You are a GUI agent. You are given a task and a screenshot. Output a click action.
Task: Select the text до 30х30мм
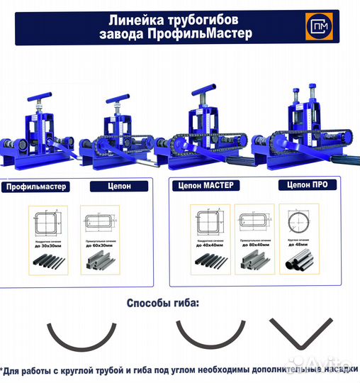tap(47, 246)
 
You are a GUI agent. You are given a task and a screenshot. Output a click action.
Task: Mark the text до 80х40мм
tap(254, 246)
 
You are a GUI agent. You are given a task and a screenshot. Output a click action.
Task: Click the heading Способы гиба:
tap(163, 303)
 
